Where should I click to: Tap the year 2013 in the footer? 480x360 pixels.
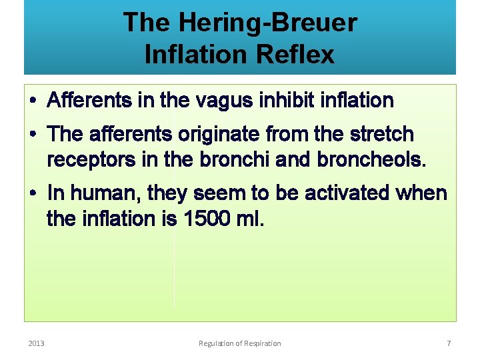click(x=36, y=343)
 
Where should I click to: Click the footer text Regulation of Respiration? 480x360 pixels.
click(x=240, y=343)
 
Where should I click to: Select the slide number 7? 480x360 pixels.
click(x=449, y=343)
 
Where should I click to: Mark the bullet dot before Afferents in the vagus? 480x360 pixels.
click(x=33, y=101)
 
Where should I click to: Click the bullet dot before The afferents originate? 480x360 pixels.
click(x=33, y=135)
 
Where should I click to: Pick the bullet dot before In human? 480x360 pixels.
click(x=33, y=194)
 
